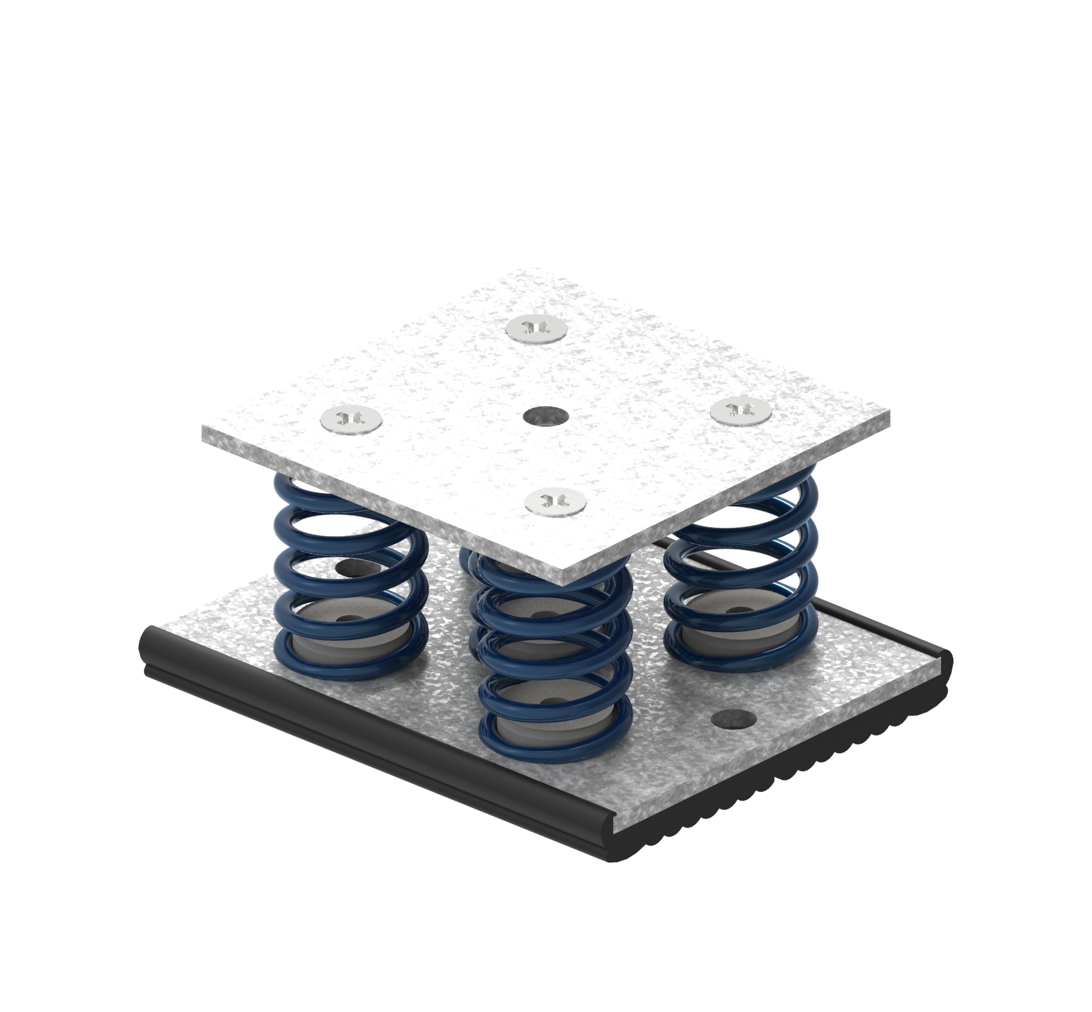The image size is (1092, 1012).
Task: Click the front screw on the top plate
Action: (x=555, y=500)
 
